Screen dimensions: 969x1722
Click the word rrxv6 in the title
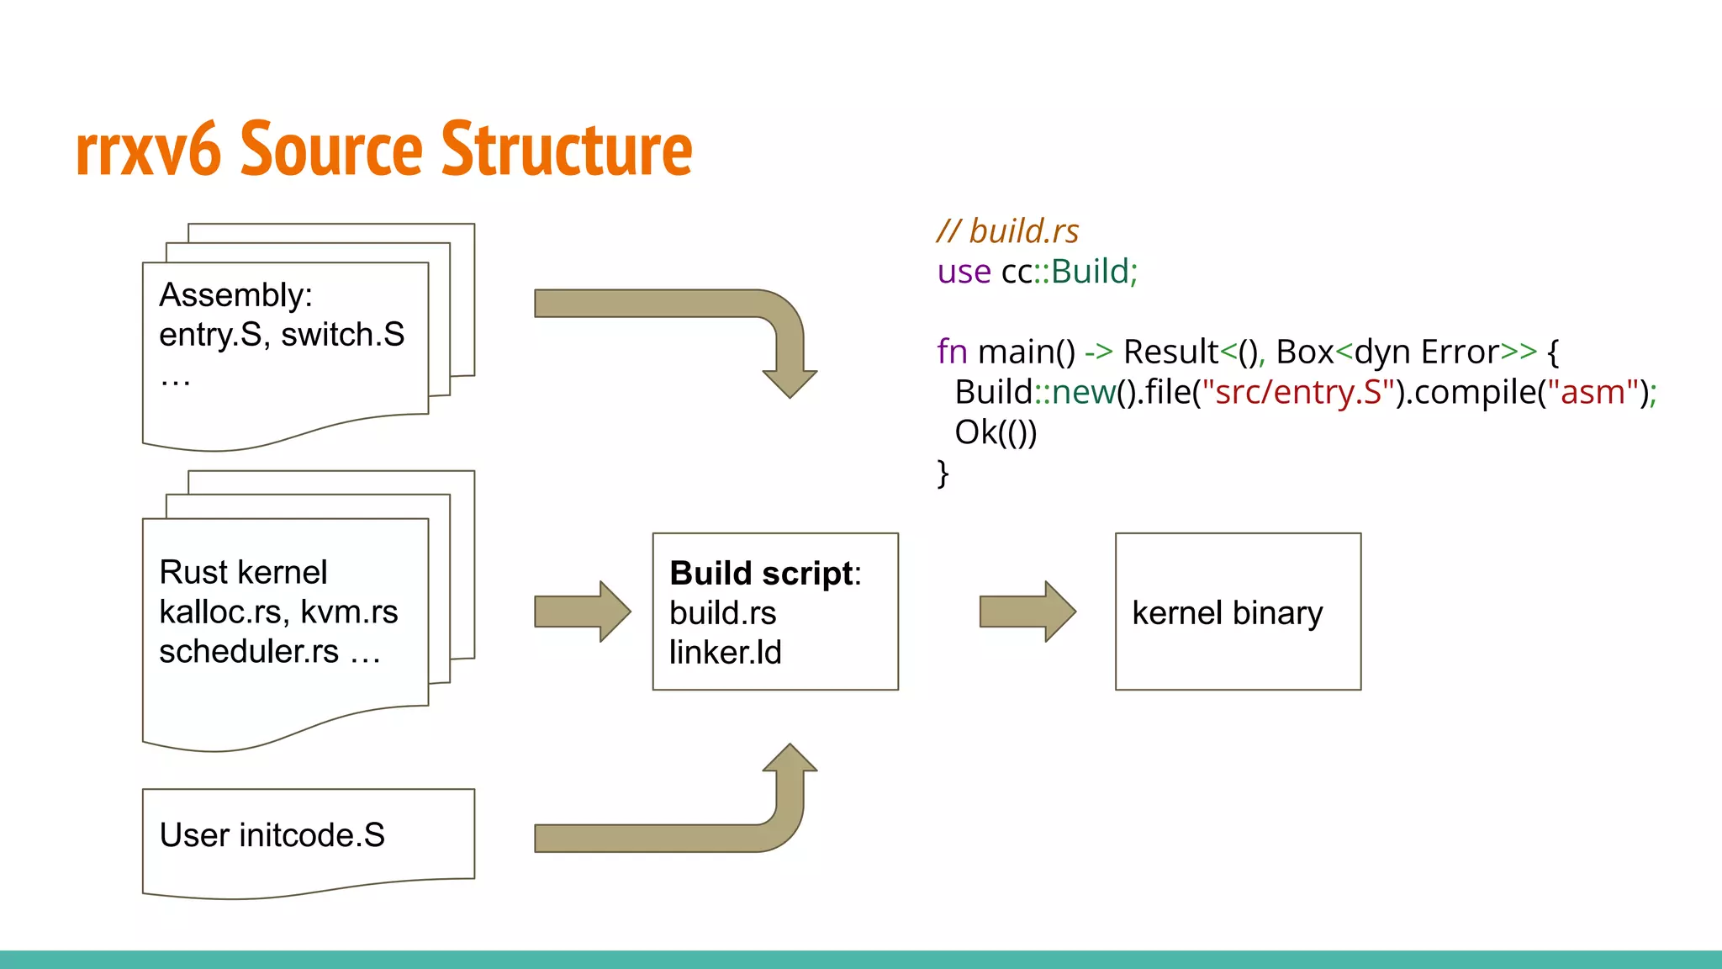click(x=148, y=151)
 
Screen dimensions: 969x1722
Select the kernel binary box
click(x=1238, y=612)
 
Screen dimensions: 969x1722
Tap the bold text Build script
click(x=762, y=573)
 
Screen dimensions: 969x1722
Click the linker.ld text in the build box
click(x=725, y=653)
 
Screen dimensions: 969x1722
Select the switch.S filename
click(x=343, y=335)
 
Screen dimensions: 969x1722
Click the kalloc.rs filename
click(x=220, y=612)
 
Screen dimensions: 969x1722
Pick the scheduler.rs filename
click(x=249, y=652)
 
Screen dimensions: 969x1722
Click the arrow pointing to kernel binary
click(x=1027, y=612)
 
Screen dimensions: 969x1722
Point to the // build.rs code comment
click(x=1007, y=230)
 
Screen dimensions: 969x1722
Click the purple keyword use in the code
click(x=964, y=272)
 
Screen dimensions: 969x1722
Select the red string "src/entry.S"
click(x=1298, y=392)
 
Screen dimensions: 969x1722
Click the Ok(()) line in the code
click(x=996, y=432)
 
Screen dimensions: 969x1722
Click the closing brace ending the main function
click(x=943, y=473)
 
